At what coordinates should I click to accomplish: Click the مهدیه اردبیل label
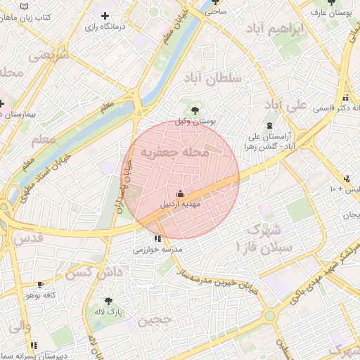point(182,205)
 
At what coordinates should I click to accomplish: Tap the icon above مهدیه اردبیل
point(180,193)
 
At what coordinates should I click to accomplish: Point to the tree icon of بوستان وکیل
point(194,110)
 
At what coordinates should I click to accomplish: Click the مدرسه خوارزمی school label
point(158,250)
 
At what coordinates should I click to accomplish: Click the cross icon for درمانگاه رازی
point(105,15)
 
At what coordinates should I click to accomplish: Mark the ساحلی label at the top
point(217,12)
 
